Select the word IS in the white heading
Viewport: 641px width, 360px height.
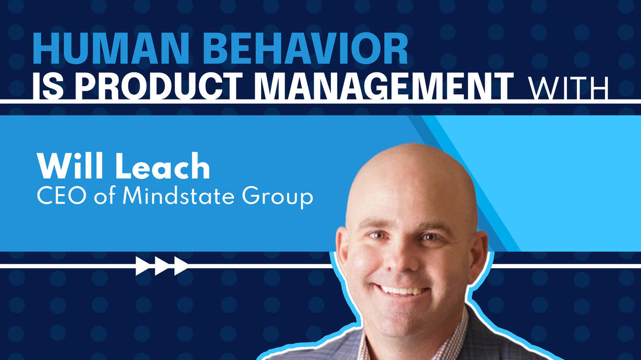48,86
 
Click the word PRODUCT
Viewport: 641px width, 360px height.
157,86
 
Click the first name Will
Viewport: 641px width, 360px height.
70,166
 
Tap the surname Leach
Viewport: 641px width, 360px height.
163,166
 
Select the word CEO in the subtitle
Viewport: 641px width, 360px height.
61,196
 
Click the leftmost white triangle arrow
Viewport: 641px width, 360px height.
142,266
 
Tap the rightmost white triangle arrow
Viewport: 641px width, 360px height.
181,266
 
